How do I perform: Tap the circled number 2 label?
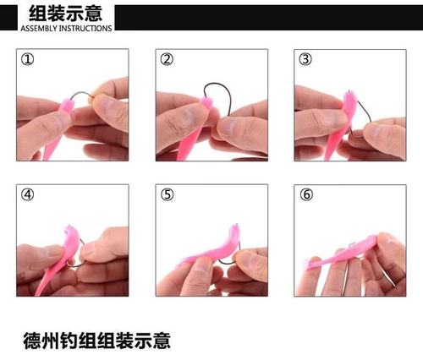coord(167,60)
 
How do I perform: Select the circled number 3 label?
coord(305,60)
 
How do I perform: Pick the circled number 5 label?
coord(167,194)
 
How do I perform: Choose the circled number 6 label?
coord(305,194)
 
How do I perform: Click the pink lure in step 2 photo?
coord(191,127)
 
